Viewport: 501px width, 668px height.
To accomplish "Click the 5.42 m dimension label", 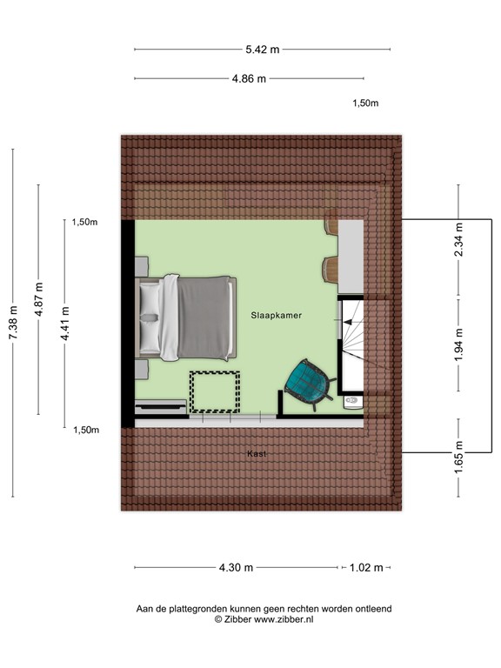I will tap(263, 50).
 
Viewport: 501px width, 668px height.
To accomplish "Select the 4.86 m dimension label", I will tap(249, 79).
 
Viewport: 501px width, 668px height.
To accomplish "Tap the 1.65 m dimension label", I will tap(459, 458).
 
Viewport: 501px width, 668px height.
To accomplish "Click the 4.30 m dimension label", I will tap(236, 568).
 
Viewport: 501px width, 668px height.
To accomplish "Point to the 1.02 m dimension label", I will tap(365, 568).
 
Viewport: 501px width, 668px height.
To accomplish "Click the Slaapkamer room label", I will tap(276, 316).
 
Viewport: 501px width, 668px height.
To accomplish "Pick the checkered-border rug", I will tap(216, 391).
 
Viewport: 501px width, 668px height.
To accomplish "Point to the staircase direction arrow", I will tap(350, 323).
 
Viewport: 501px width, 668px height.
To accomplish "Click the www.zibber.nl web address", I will tap(284, 619).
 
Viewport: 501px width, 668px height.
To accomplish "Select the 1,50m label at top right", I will tap(365, 104).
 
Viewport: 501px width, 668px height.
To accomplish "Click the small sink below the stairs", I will tap(351, 402).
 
